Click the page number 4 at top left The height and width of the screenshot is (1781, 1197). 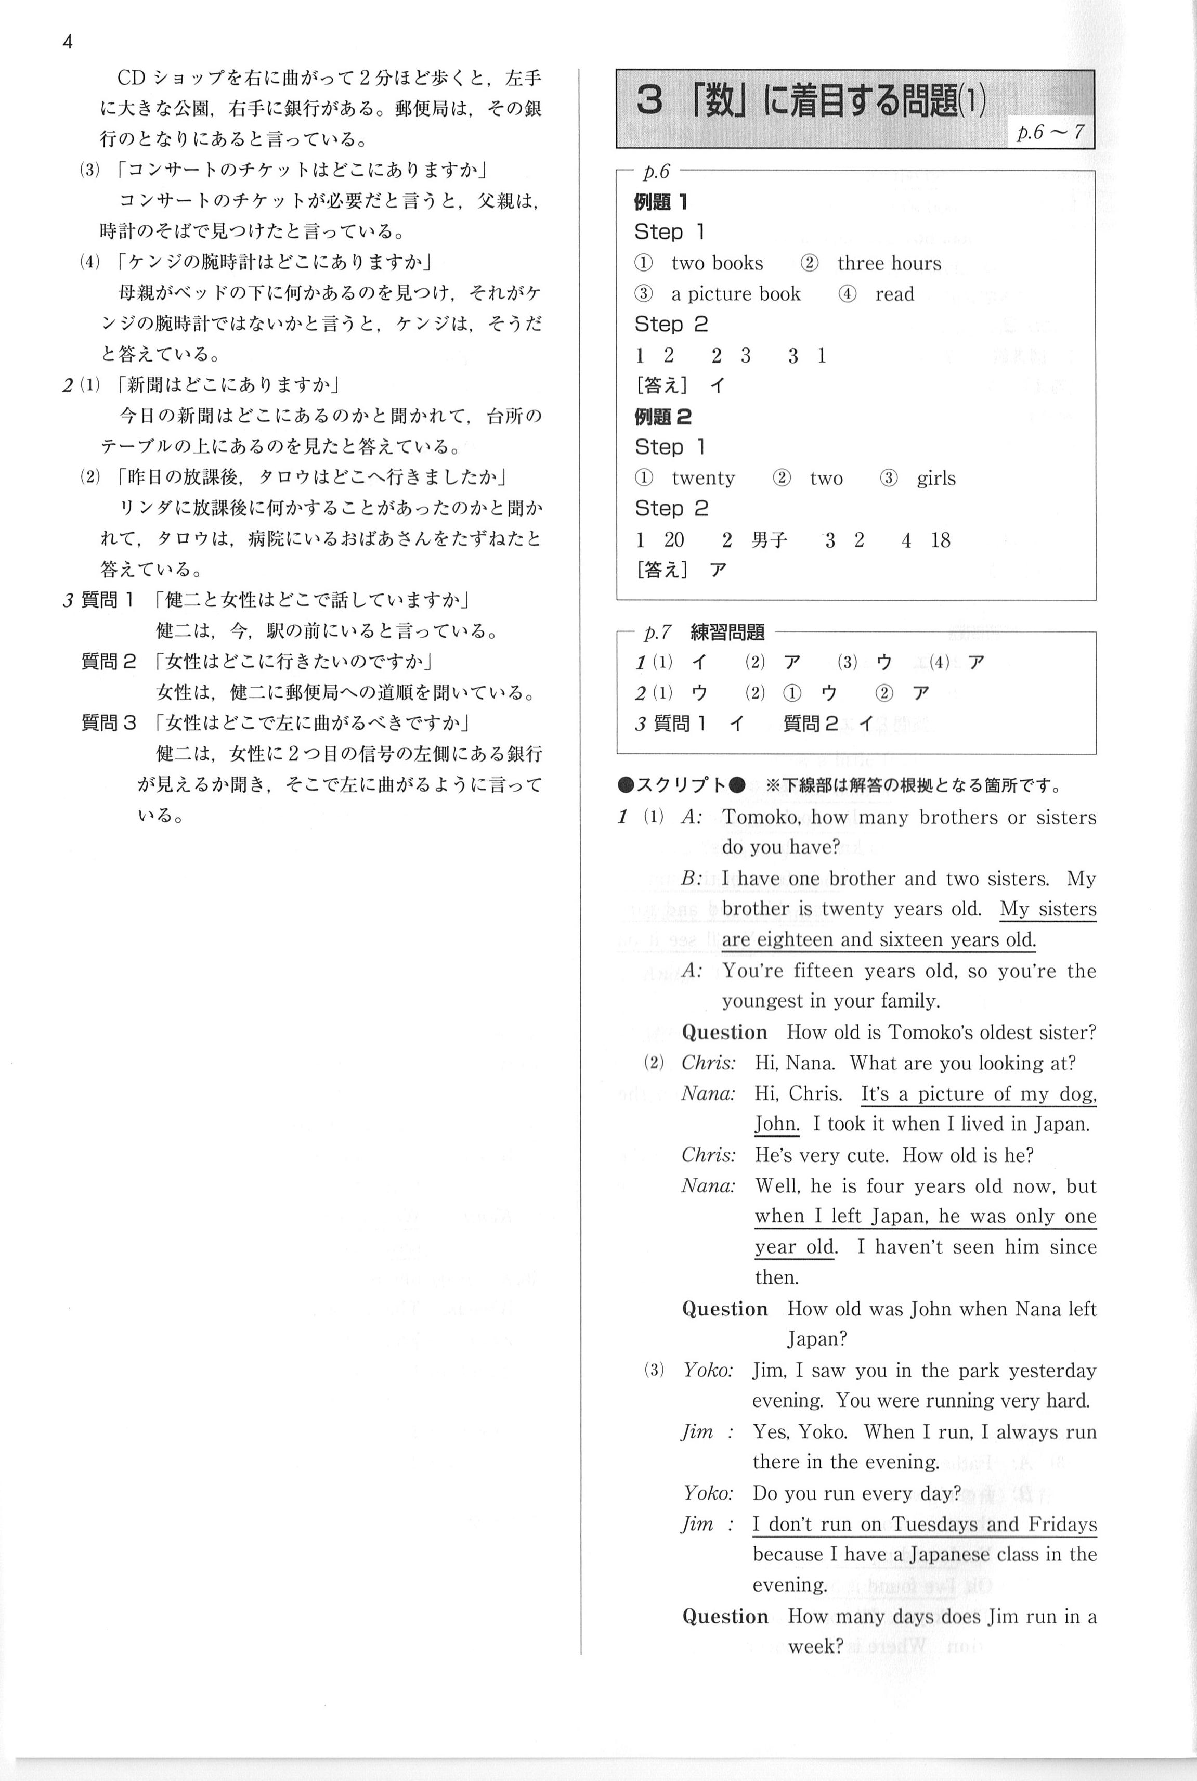tap(67, 42)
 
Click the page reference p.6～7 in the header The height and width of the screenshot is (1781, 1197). tap(1050, 132)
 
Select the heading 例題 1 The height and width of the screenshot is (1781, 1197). tap(660, 202)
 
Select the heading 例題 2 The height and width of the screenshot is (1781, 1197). tap(662, 417)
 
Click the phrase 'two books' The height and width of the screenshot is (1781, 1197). tap(717, 264)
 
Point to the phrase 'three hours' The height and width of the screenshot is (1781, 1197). tap(889, 264)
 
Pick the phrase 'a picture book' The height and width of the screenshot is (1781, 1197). tap(735, 294)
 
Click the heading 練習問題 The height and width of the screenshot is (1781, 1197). tap(727, 633)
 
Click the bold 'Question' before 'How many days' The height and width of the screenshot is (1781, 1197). tap(724, 1617)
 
